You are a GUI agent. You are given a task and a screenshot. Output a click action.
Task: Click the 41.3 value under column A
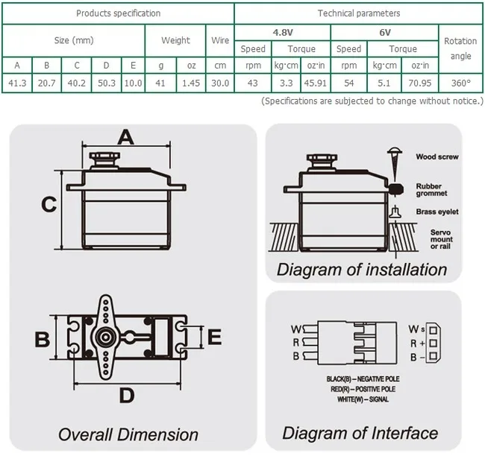tap(16, 83)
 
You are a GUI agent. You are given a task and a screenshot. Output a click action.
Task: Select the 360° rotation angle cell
tap(460, 83)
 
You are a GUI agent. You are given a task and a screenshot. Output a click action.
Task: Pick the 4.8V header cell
tap(282, 33)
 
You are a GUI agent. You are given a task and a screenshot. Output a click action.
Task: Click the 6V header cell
tap(384, 33)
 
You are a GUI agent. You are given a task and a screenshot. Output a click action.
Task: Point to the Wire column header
tap(220, 40)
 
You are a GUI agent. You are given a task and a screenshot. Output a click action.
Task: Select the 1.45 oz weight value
tap(190, 83)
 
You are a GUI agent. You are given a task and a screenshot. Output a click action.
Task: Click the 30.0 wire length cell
tap(220, 83)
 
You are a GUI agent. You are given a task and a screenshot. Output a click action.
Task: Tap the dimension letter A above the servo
tap(126, 136)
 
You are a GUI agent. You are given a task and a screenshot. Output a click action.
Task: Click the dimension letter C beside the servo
tap(48, 203)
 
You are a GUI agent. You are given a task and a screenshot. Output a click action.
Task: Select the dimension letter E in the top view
tap(214, 338)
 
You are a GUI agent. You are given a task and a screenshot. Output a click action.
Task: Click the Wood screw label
tap(436, 157)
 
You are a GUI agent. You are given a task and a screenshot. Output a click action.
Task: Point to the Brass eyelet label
tap(436, 212)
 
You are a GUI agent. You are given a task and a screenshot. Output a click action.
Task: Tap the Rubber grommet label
tap(433, 191)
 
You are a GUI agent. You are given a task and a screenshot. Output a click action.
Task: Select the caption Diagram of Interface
tap(360, 433)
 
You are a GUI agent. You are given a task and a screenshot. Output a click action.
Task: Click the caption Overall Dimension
tap(128, 434)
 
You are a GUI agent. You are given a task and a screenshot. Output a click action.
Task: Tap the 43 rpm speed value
tap(252, 83)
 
